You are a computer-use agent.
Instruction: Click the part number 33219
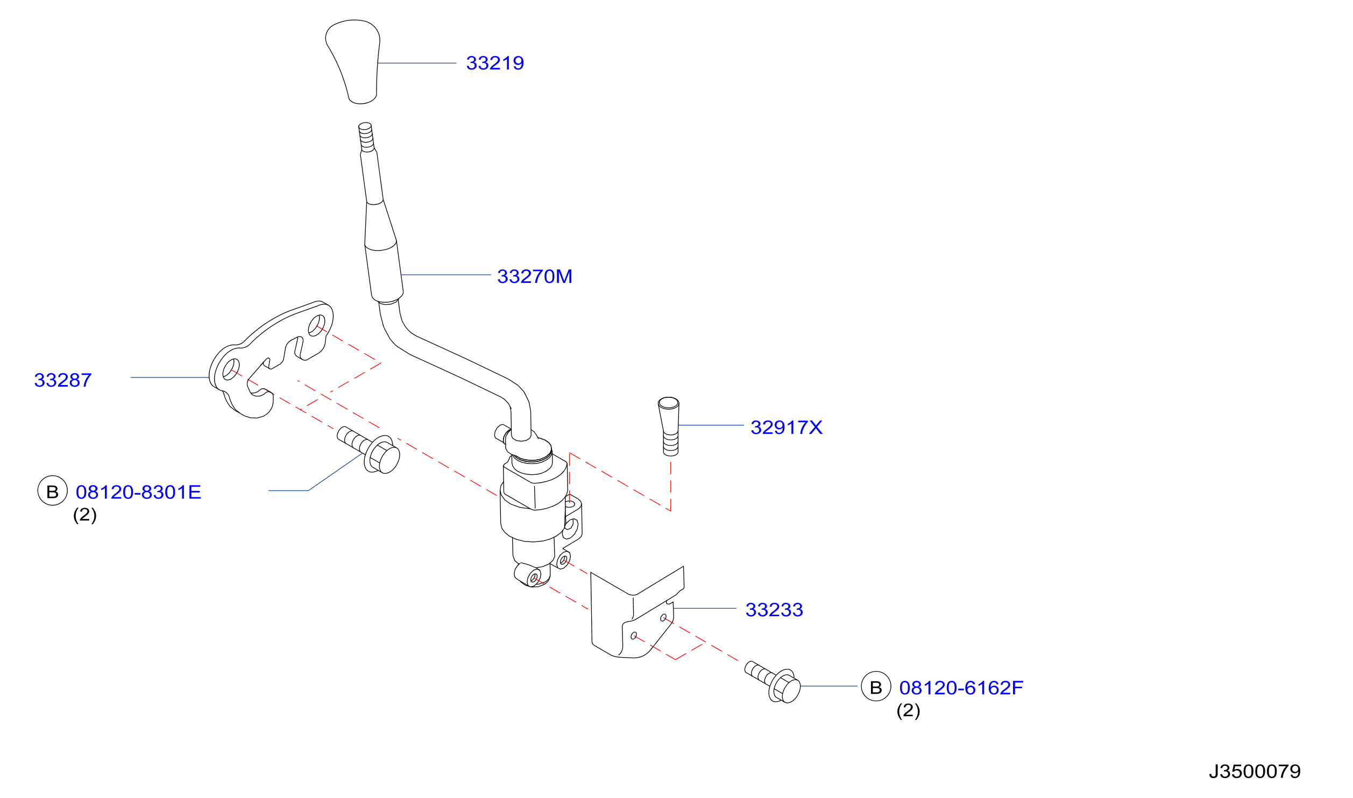495,63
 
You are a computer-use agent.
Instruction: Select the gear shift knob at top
353,61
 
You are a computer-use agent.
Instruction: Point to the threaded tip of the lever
366,137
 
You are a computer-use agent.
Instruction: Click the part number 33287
63,380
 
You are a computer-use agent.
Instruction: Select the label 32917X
787,427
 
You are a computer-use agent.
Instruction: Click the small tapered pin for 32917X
669,426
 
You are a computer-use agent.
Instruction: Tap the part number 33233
774,610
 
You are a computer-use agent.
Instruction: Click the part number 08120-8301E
138,492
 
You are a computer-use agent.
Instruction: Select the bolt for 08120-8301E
369,450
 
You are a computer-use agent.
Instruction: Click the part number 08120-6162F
961,688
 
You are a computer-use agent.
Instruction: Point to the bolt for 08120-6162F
773,681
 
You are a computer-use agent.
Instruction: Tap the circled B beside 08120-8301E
52,491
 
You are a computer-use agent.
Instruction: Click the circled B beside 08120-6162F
876,687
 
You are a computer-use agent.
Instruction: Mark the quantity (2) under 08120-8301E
84,515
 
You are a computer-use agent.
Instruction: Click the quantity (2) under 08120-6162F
908,710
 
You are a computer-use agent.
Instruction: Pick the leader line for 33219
417,63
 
